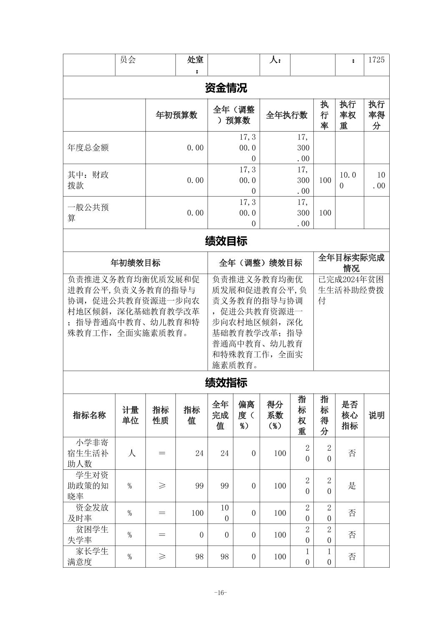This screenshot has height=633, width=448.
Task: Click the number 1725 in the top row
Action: click(376, 60)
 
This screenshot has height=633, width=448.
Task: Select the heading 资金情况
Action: click(226, 88)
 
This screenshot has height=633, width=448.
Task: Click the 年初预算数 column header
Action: click(176, 115)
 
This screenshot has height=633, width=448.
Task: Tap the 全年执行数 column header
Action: click(287, 115)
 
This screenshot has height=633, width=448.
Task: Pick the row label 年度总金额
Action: click(88, 148)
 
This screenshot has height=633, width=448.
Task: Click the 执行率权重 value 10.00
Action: click(348, 180)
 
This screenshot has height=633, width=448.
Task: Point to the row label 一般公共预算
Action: click(88, 213)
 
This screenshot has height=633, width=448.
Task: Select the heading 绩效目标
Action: click(226, 241)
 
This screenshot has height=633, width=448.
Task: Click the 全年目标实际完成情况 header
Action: click(351, 263)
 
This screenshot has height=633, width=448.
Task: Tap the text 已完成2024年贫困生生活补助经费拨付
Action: click(351, 290)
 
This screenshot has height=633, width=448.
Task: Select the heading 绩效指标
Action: click(226, 383)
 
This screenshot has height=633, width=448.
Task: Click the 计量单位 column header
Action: click(130, 415)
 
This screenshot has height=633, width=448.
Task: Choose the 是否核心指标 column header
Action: click(350, 415)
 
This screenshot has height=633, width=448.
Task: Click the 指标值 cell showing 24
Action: click(199, 453)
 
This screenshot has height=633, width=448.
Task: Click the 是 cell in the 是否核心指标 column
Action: click(352, 486)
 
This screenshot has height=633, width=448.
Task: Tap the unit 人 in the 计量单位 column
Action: click(131, 453)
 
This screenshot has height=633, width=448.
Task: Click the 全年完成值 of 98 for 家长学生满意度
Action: click(224, 556)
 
